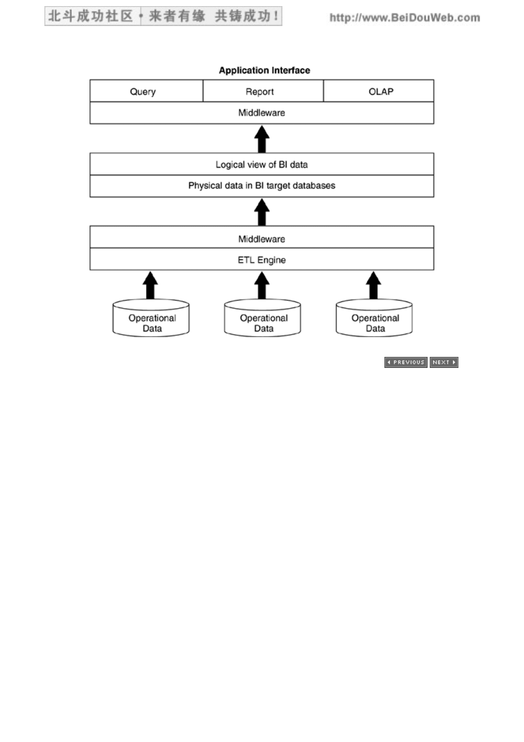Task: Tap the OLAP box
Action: (379, 91)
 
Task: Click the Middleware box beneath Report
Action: (262, 113)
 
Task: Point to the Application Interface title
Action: (265, 70)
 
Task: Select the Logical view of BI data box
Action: (262, 164)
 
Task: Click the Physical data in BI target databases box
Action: (262, 186)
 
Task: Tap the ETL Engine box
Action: (262, 259)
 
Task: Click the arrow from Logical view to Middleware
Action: (262, 139)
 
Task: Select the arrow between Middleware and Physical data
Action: (262, 212)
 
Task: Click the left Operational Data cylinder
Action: (151, 318)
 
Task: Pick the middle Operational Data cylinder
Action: (262, 318)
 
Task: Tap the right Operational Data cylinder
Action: (374, 318)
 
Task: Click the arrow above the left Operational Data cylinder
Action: (150, 285)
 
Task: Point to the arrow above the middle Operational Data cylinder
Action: (262, 285)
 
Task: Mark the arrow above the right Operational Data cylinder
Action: (373, 285)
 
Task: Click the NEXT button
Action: (444, 362)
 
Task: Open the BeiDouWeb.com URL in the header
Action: (405, 18)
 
